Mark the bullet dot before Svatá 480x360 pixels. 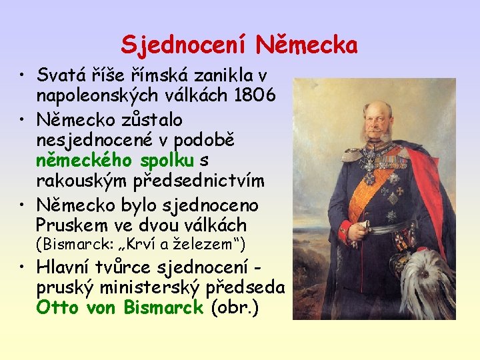click(x=23, y=75)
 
